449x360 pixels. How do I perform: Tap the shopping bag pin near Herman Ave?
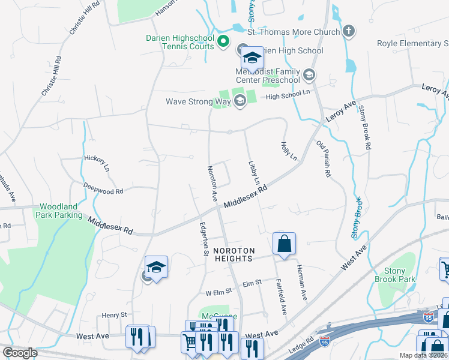tap(284, 244)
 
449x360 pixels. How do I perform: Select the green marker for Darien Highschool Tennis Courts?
tap(223, 42)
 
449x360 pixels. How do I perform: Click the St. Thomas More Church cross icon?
tap(348, 31)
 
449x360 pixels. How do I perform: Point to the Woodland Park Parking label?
tap(59, 211)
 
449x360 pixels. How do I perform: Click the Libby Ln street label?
tap(253, 172)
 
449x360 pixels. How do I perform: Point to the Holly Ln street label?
tap(289, 151)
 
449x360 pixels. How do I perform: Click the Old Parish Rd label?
tap(324, 158)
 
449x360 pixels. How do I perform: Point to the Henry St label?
tap(114, 314)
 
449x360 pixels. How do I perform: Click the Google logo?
tap(20, 353)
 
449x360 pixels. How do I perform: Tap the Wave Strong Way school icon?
tap(240, 101)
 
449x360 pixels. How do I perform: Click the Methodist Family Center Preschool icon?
tap(309, 76)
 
